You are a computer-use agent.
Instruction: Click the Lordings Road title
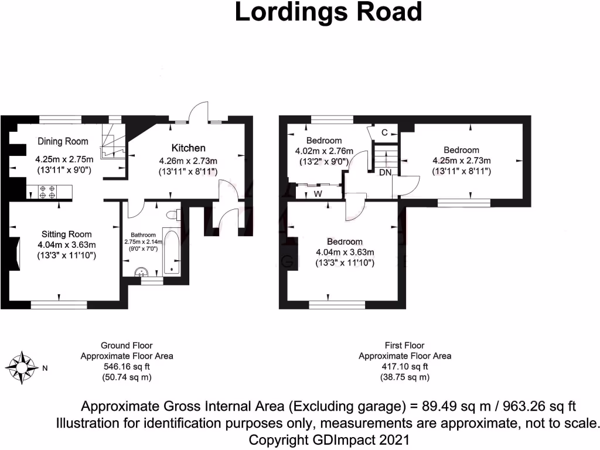pyautogui.click(x=328, y=12)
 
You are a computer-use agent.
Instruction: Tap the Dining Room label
pyautogui.click(x=63, y=141)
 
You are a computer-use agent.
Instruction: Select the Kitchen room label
pyautogui.click(x=188, y=147)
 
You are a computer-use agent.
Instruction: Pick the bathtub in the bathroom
pyautogui.click(x=172, y=251)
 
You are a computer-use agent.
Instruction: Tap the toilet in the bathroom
pyautogui.click(x=172, y=215)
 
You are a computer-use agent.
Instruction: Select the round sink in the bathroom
pyautogui.click(x=141, y=271)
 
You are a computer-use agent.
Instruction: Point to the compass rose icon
pyautogui.click(x=22, y=368)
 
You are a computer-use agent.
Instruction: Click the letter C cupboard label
pyautogui.click(x=384, y=133)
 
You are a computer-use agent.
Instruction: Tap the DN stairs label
pyautogui.click(x=385, y=172)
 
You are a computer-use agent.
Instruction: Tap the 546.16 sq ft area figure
pyautogui.click(x=126, y=366)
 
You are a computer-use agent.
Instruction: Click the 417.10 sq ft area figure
pyautogui.click(x=405, y=366)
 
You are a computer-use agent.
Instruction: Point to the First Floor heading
pyautogui.click(x=405, y=345)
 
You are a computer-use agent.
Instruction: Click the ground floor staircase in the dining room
pyautogui.click(x=112, y=143)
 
